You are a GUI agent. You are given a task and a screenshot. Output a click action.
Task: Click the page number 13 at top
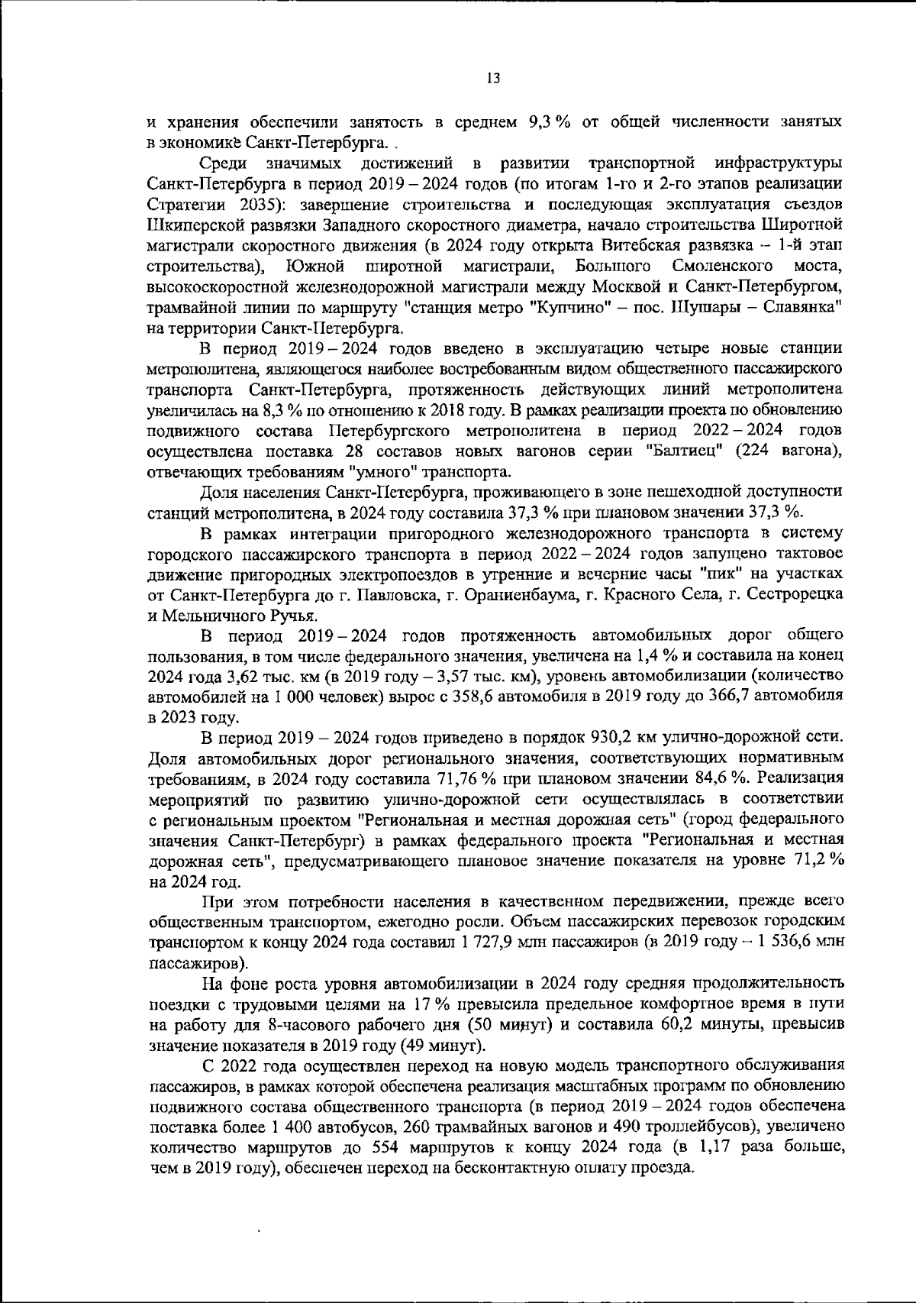(x=492, y=78)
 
